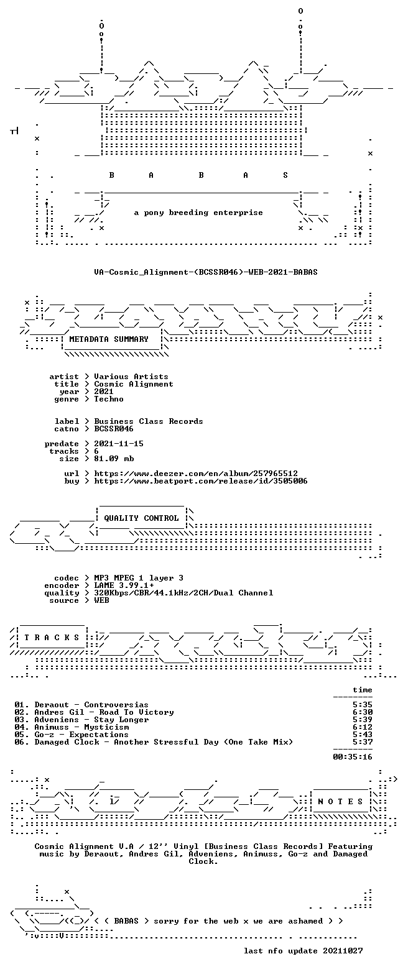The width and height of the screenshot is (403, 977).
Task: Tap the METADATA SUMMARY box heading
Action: [109, 339]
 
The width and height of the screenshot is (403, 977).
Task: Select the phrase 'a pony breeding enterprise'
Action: [198, 213]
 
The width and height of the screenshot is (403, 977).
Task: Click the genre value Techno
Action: [109, 399]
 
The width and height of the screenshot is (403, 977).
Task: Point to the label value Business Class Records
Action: [149, 421]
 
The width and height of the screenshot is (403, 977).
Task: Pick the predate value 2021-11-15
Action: [119, 444]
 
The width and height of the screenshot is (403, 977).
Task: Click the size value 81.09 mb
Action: [114, 459]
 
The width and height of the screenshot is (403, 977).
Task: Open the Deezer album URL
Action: [196, 473]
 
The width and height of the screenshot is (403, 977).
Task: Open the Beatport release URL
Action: [201, 481]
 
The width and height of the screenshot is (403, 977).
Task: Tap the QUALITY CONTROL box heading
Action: [141, 518]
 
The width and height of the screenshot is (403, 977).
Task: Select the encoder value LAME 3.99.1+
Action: [124, 585]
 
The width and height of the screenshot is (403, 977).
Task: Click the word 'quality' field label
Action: [62, 593]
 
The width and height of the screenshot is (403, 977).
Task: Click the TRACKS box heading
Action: [52, 638]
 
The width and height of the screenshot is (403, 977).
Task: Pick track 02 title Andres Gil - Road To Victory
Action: [104, 712]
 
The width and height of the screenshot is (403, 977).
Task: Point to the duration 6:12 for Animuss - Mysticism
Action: [363, 727]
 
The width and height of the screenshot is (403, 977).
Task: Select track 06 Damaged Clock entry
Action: [154, 742]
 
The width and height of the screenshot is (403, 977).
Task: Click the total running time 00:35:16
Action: [353, 757]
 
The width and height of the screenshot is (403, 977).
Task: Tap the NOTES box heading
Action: [340, 802]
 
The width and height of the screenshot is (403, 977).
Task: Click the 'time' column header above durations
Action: [363, 690]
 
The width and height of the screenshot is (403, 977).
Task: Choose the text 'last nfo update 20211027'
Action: [303, 951]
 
